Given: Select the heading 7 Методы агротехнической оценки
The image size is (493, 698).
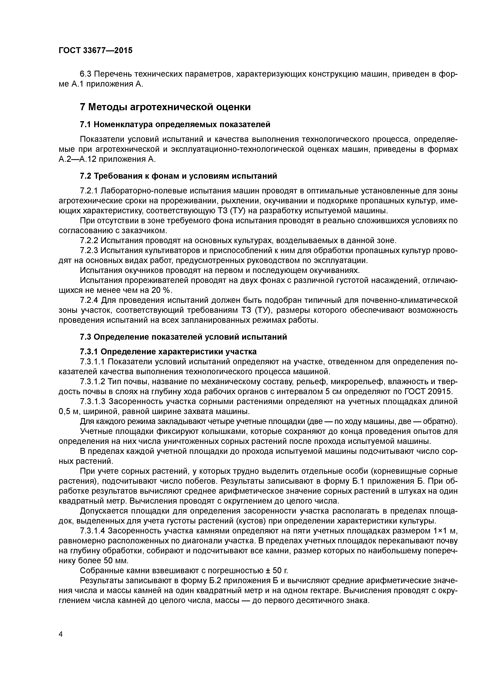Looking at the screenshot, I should point(165,107).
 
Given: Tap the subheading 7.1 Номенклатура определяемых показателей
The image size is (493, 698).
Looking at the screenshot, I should point(175,124).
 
